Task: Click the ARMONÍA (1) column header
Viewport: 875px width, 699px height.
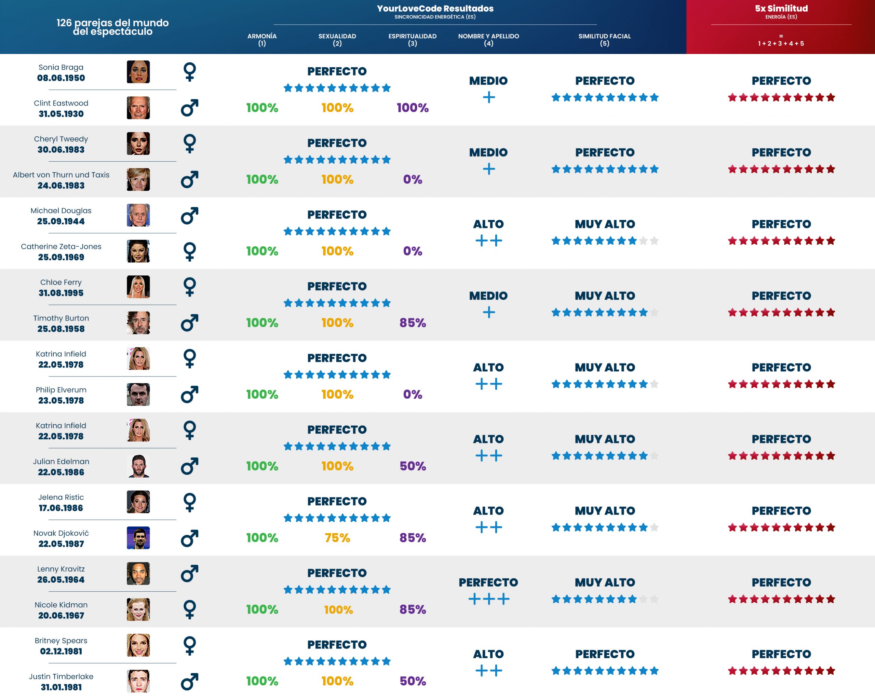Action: (x=262, y=40)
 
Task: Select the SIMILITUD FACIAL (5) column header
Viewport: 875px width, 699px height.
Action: (x=604, y=40)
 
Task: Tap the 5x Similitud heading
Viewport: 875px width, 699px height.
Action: (x=781, y=9)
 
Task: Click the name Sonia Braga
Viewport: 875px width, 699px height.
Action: (x=61, y=67)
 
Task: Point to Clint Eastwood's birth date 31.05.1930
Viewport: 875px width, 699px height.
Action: (x=61, y=114)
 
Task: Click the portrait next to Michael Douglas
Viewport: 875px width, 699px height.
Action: (x=138, y=215)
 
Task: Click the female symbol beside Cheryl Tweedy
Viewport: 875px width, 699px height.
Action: (x=190, y=143)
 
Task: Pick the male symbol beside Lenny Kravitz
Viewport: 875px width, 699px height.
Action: (x=190, y=573)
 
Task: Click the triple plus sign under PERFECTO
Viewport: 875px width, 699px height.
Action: (x=489, y=599)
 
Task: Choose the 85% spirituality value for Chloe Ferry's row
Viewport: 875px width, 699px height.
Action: (x=412, y=323)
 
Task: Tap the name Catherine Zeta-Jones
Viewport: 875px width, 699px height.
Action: (x=61, y=247)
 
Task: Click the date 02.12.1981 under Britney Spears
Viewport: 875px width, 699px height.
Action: (x=61, y=651)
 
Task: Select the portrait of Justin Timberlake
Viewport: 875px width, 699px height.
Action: (x=138, y=681)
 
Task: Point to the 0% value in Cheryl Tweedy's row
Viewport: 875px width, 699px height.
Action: (x=412, y=179)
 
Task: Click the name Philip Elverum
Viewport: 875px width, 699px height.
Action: (x=61, y=390)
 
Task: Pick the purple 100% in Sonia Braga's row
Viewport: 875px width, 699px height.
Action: (x=412, y=108)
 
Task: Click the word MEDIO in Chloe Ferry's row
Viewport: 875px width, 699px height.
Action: (x=488, y=296)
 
